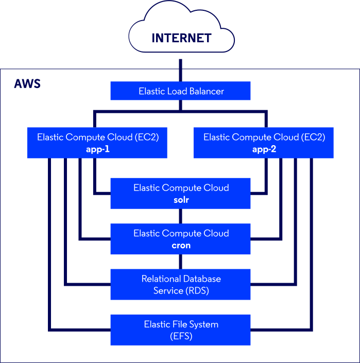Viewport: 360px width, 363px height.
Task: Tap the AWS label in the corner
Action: coord(27,84)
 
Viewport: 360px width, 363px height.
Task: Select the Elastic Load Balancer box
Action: coord(180,91)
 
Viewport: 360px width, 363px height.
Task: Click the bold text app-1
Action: coord(98,150)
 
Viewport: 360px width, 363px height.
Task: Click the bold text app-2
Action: coord(264,150)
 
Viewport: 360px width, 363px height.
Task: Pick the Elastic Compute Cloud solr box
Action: coord(180,193)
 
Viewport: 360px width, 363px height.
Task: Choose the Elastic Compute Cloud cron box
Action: coord(180,239)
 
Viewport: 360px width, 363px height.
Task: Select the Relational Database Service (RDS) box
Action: coord(180,284)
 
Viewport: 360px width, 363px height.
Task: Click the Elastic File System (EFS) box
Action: coord(180,330)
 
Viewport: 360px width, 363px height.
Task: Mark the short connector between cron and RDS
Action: coord(180,262)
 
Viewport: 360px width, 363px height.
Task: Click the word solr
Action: coord(181,200)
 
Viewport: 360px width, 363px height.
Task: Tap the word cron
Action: coord(181,246)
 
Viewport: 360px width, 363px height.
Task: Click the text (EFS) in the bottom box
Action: coord(181,337)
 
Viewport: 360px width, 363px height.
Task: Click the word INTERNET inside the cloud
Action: coord(181,39)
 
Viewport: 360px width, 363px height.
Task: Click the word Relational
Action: coord(160,279)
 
